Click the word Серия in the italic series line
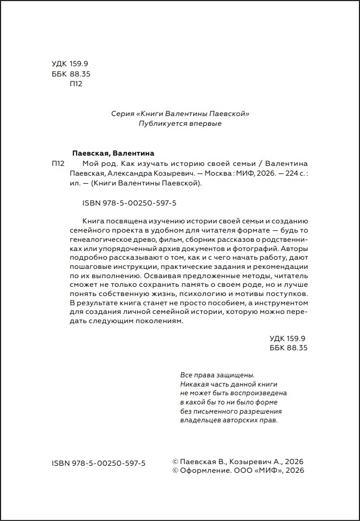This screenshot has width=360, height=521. [x=123, y=114]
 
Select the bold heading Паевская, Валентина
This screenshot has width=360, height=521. [x=113, y=153]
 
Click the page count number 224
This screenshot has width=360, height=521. [x=289, y=173]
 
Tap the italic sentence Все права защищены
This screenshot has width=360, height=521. [x=216, y=375]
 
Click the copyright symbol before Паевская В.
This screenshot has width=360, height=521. [x=175, y=461]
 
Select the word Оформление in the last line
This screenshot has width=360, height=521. [x=202, y=471]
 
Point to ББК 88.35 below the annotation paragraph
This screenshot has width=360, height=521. [x=288, y=348]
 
